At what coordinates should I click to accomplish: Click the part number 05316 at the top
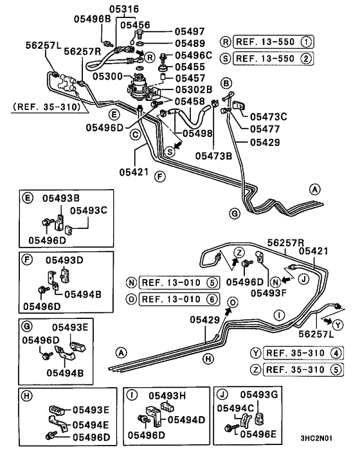(x=124, y=9)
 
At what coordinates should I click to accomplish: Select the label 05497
(x=190, y=32)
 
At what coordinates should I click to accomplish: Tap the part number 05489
(x=190, y=44)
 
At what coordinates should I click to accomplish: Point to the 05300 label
(x=107, y=77)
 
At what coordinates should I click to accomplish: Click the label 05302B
(x=194, y=89)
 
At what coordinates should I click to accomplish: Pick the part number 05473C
(x=269, y=116)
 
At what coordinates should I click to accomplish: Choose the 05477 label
(x=265, y=129)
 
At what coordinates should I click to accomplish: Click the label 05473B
(x=213, y=156)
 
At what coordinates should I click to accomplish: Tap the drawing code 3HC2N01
(x=316, y=438)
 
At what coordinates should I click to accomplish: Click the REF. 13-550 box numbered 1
(x=273, y=42)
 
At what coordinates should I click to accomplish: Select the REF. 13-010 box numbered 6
(x=179, y=299)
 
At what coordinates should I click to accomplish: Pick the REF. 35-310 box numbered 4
(x=303, y=353)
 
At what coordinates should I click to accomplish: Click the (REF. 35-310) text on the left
(x=46, y=107)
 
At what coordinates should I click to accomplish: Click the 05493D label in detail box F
(x=64, y=260)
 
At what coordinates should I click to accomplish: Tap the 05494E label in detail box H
(x=91, y=425)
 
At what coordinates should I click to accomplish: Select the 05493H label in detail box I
(x=167, y=395)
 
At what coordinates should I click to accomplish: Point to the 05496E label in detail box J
(x=258, y=433)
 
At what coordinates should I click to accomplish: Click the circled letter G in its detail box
(x=27, y=327)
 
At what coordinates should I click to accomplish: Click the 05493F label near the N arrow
(x=269, y=293)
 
